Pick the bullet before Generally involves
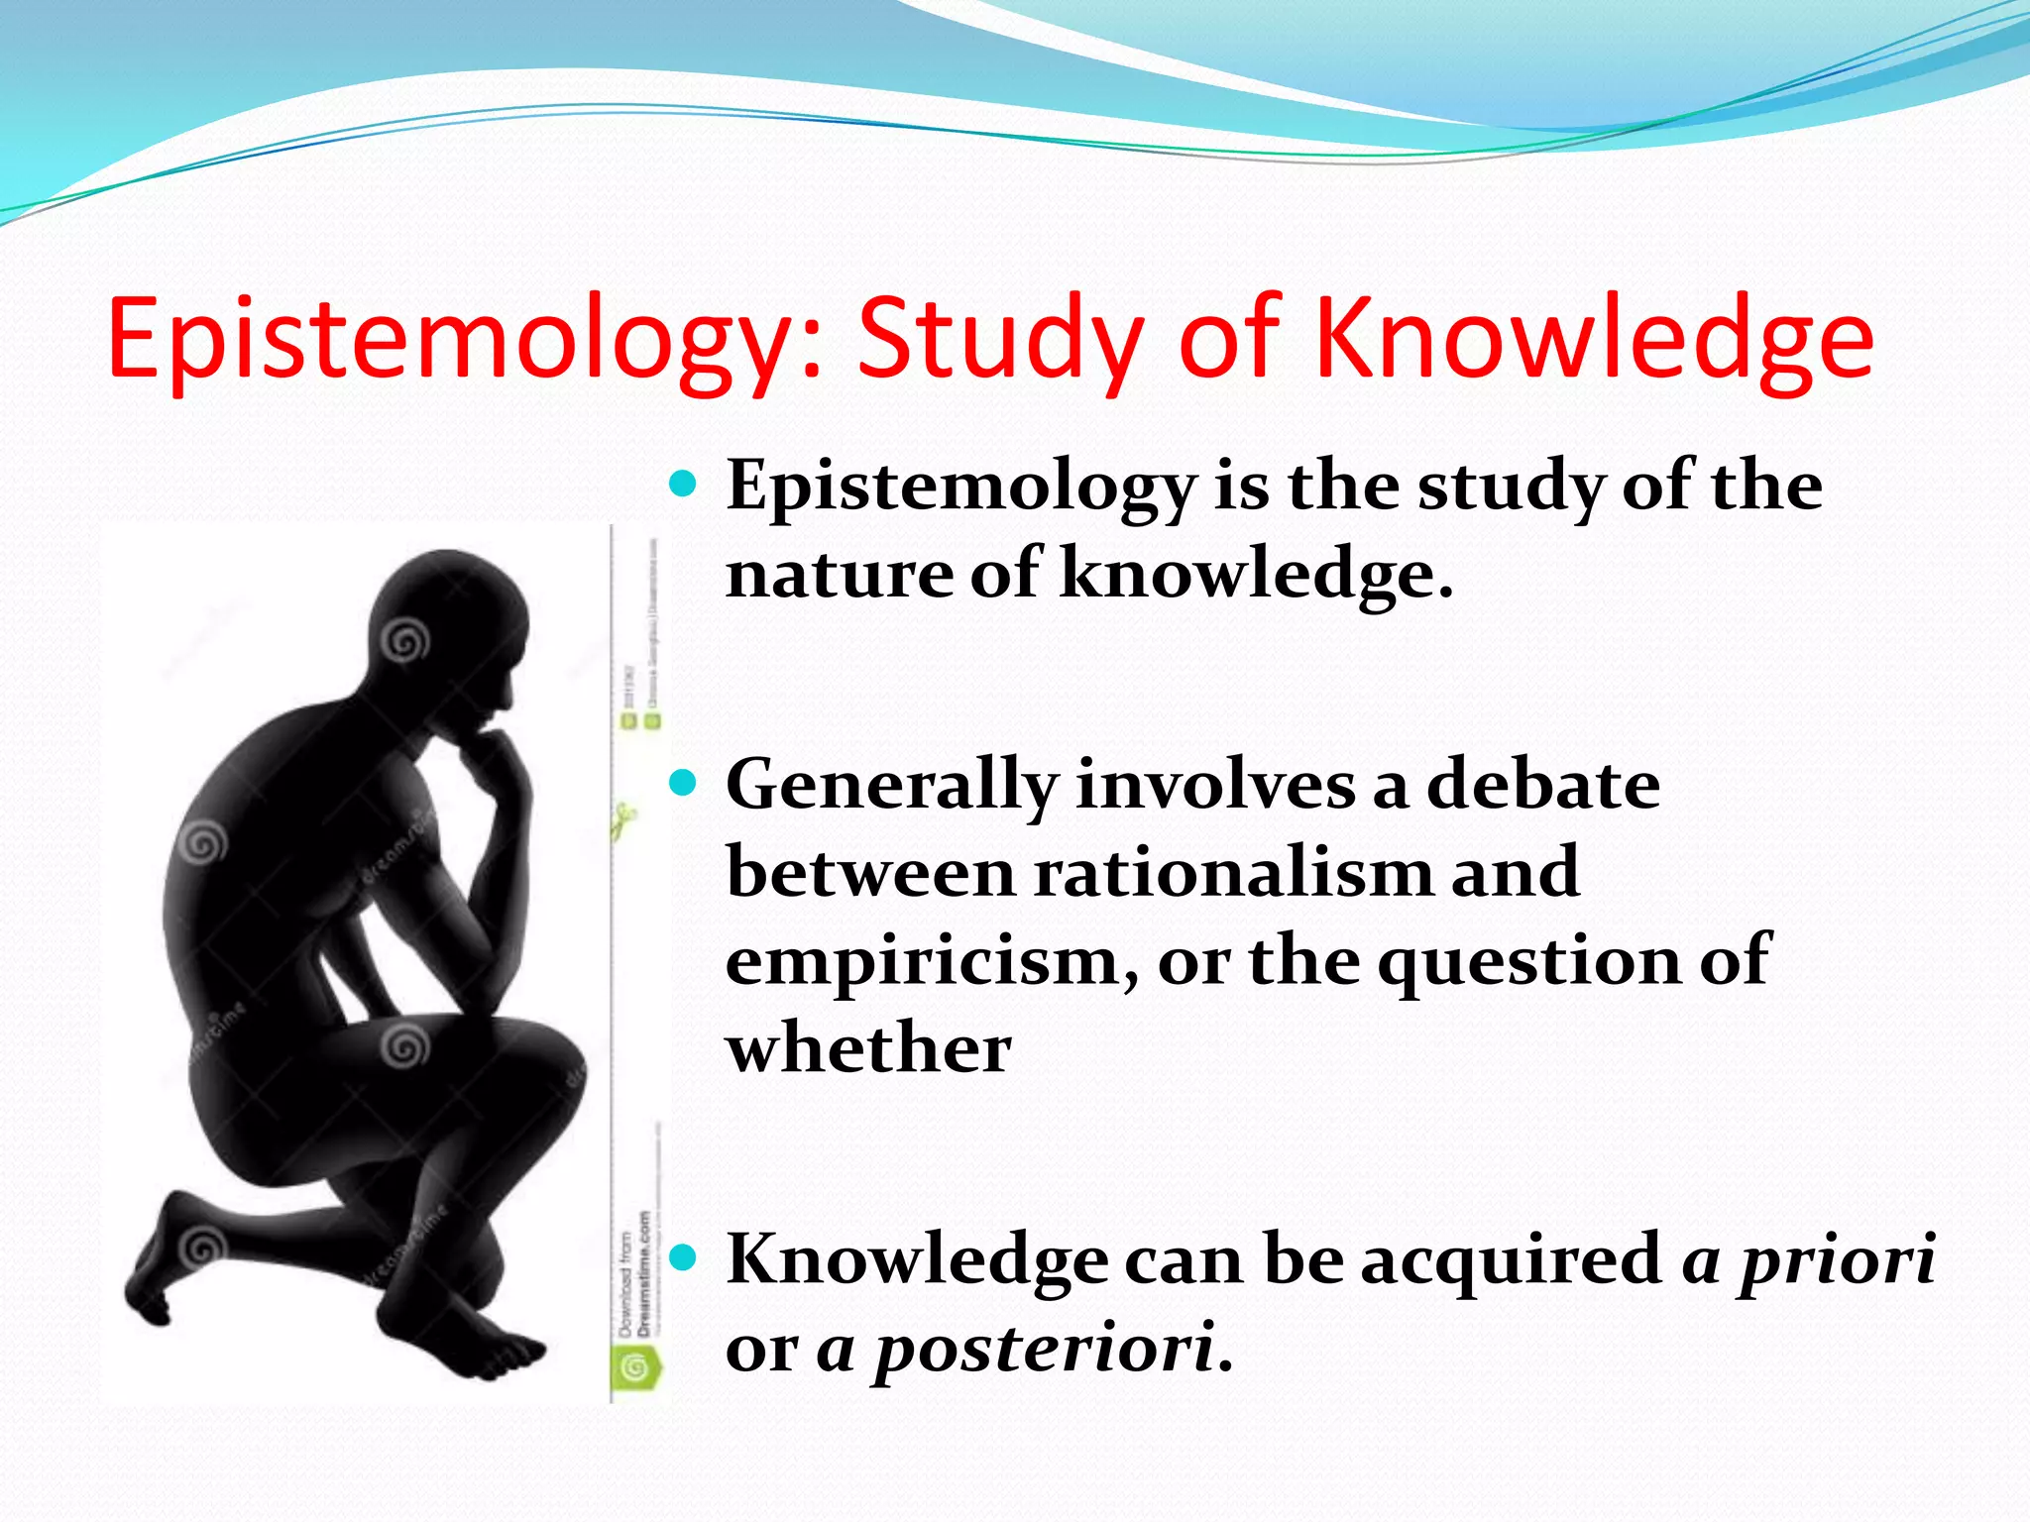click(684, 785)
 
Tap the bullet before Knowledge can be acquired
click(684, 1258)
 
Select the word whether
click(868, 1048)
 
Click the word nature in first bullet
click(839, 574)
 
